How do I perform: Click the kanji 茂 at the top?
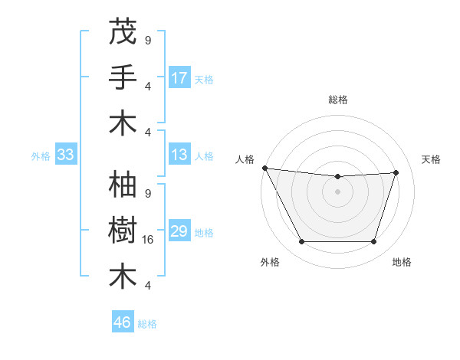coord(123,32)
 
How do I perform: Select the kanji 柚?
coord(123,186)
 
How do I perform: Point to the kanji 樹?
coord(123,231)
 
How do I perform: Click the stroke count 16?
coord(149,240)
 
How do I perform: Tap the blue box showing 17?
coord(179,77)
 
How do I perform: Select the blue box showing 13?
coord(179,155)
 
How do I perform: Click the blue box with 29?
coord(179,231)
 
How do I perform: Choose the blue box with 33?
coord(65,155)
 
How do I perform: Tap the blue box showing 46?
coord(123,322)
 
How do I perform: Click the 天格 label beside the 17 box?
coord(203,79)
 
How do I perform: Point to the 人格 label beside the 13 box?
coord(203,155)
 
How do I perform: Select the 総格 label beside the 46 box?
coord(147,323)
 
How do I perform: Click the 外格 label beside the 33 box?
coord(41,155)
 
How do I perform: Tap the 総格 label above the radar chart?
coord(337,100)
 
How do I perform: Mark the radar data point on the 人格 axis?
coord(264,168)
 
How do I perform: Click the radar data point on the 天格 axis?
coord(396,172)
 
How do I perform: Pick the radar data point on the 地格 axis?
coord(373,242)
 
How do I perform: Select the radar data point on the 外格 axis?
coord(301,242)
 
